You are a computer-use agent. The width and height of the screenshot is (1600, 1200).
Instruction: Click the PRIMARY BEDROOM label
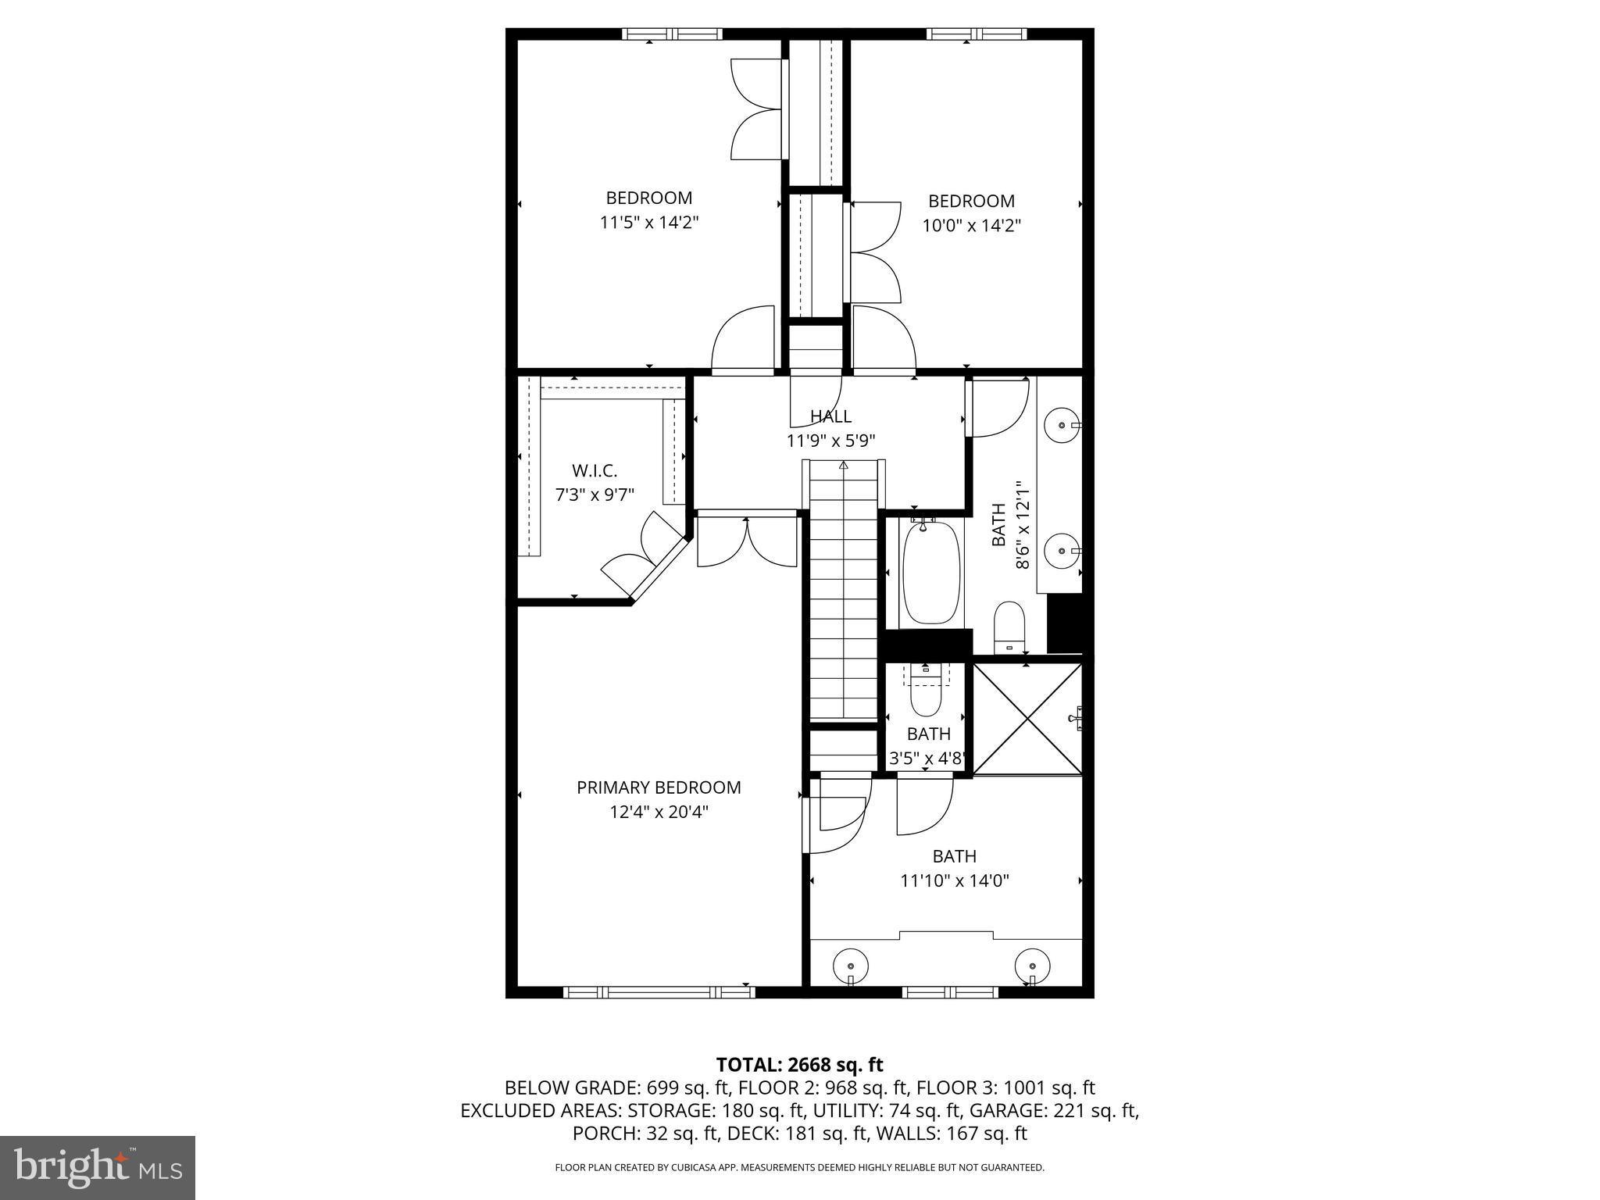(659, 787)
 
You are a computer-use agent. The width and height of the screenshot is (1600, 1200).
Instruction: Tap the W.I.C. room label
(595, 471)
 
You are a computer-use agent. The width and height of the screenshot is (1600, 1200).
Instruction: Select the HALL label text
(830, 416)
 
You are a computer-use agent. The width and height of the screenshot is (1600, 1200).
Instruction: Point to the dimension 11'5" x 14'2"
(648, 223)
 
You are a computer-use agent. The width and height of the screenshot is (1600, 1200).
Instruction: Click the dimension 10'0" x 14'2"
(971, 226)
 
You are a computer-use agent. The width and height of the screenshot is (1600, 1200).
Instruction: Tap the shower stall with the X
(1027, 720)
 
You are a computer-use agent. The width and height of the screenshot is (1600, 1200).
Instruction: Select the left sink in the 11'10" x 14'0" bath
(851, 965)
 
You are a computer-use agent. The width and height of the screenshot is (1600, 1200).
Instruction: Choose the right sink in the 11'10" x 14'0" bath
(1032, 965)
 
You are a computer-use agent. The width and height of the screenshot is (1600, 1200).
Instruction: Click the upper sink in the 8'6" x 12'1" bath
(1062, 425)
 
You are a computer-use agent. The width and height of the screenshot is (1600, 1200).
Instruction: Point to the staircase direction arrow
(844, 466)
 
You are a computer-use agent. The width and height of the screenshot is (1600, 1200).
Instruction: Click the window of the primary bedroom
(659, 992)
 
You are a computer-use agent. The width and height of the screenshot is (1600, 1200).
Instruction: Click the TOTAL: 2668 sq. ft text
(799, 1064)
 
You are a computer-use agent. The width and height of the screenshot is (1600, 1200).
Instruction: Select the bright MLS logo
(98, 1167)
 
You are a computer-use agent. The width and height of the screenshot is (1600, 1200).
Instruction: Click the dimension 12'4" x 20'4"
(659, 812)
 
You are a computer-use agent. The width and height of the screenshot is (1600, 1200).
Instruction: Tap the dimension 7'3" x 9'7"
(595, 495)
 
